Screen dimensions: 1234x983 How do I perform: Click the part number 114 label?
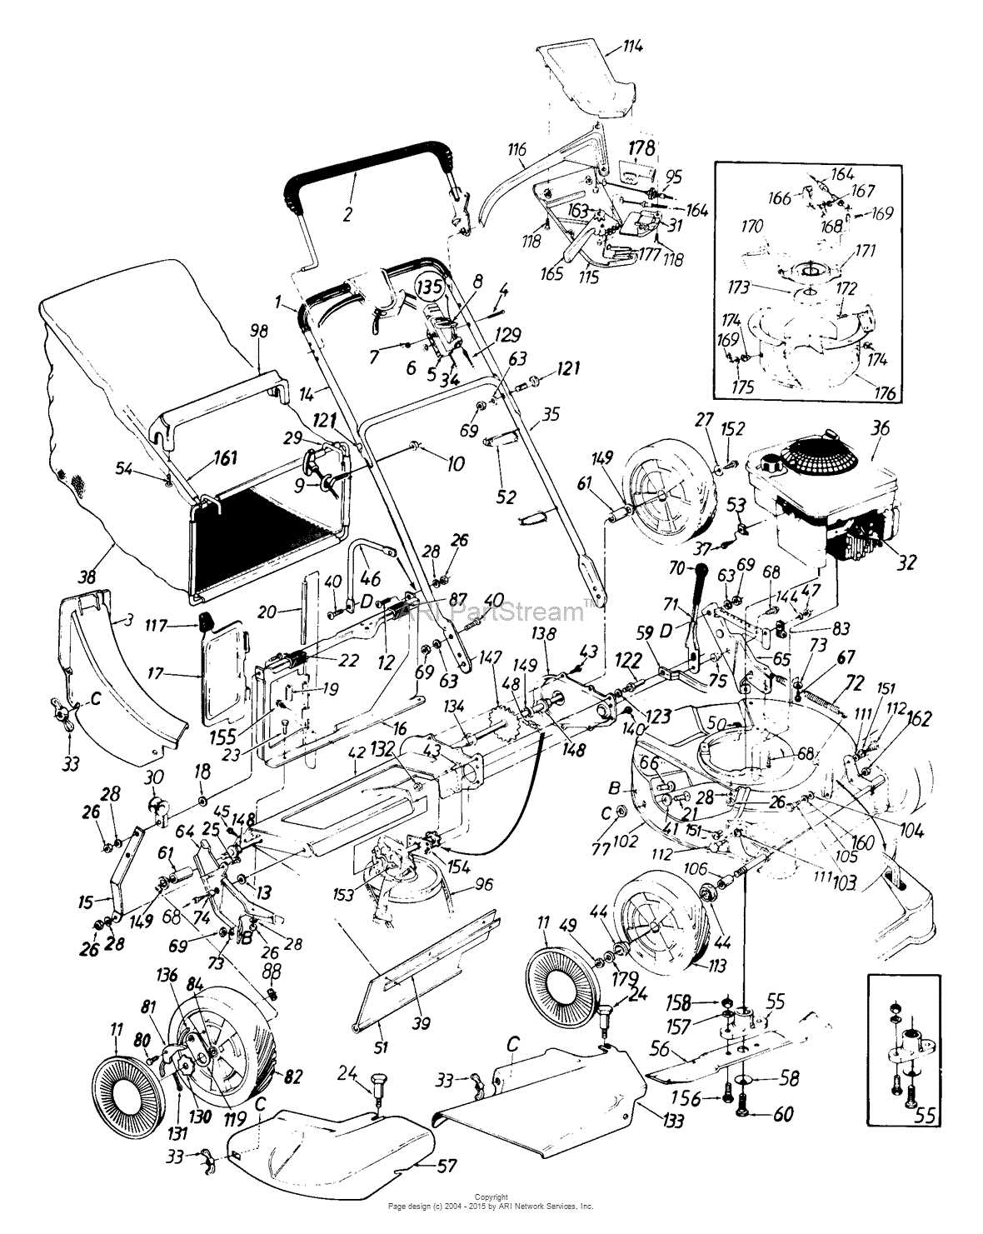[x=632, y=47]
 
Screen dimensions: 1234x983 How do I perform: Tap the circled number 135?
[x=431, y=287]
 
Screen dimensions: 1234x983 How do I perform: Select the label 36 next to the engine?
[x=880, y=429]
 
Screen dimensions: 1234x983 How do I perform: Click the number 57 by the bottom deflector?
[x=447, y=1167]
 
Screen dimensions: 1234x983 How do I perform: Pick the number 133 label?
[x=674, y=1122]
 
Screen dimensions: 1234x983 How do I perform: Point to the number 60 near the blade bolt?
[x=783, y=1115]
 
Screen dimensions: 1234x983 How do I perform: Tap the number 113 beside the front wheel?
[x=716, y=966]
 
